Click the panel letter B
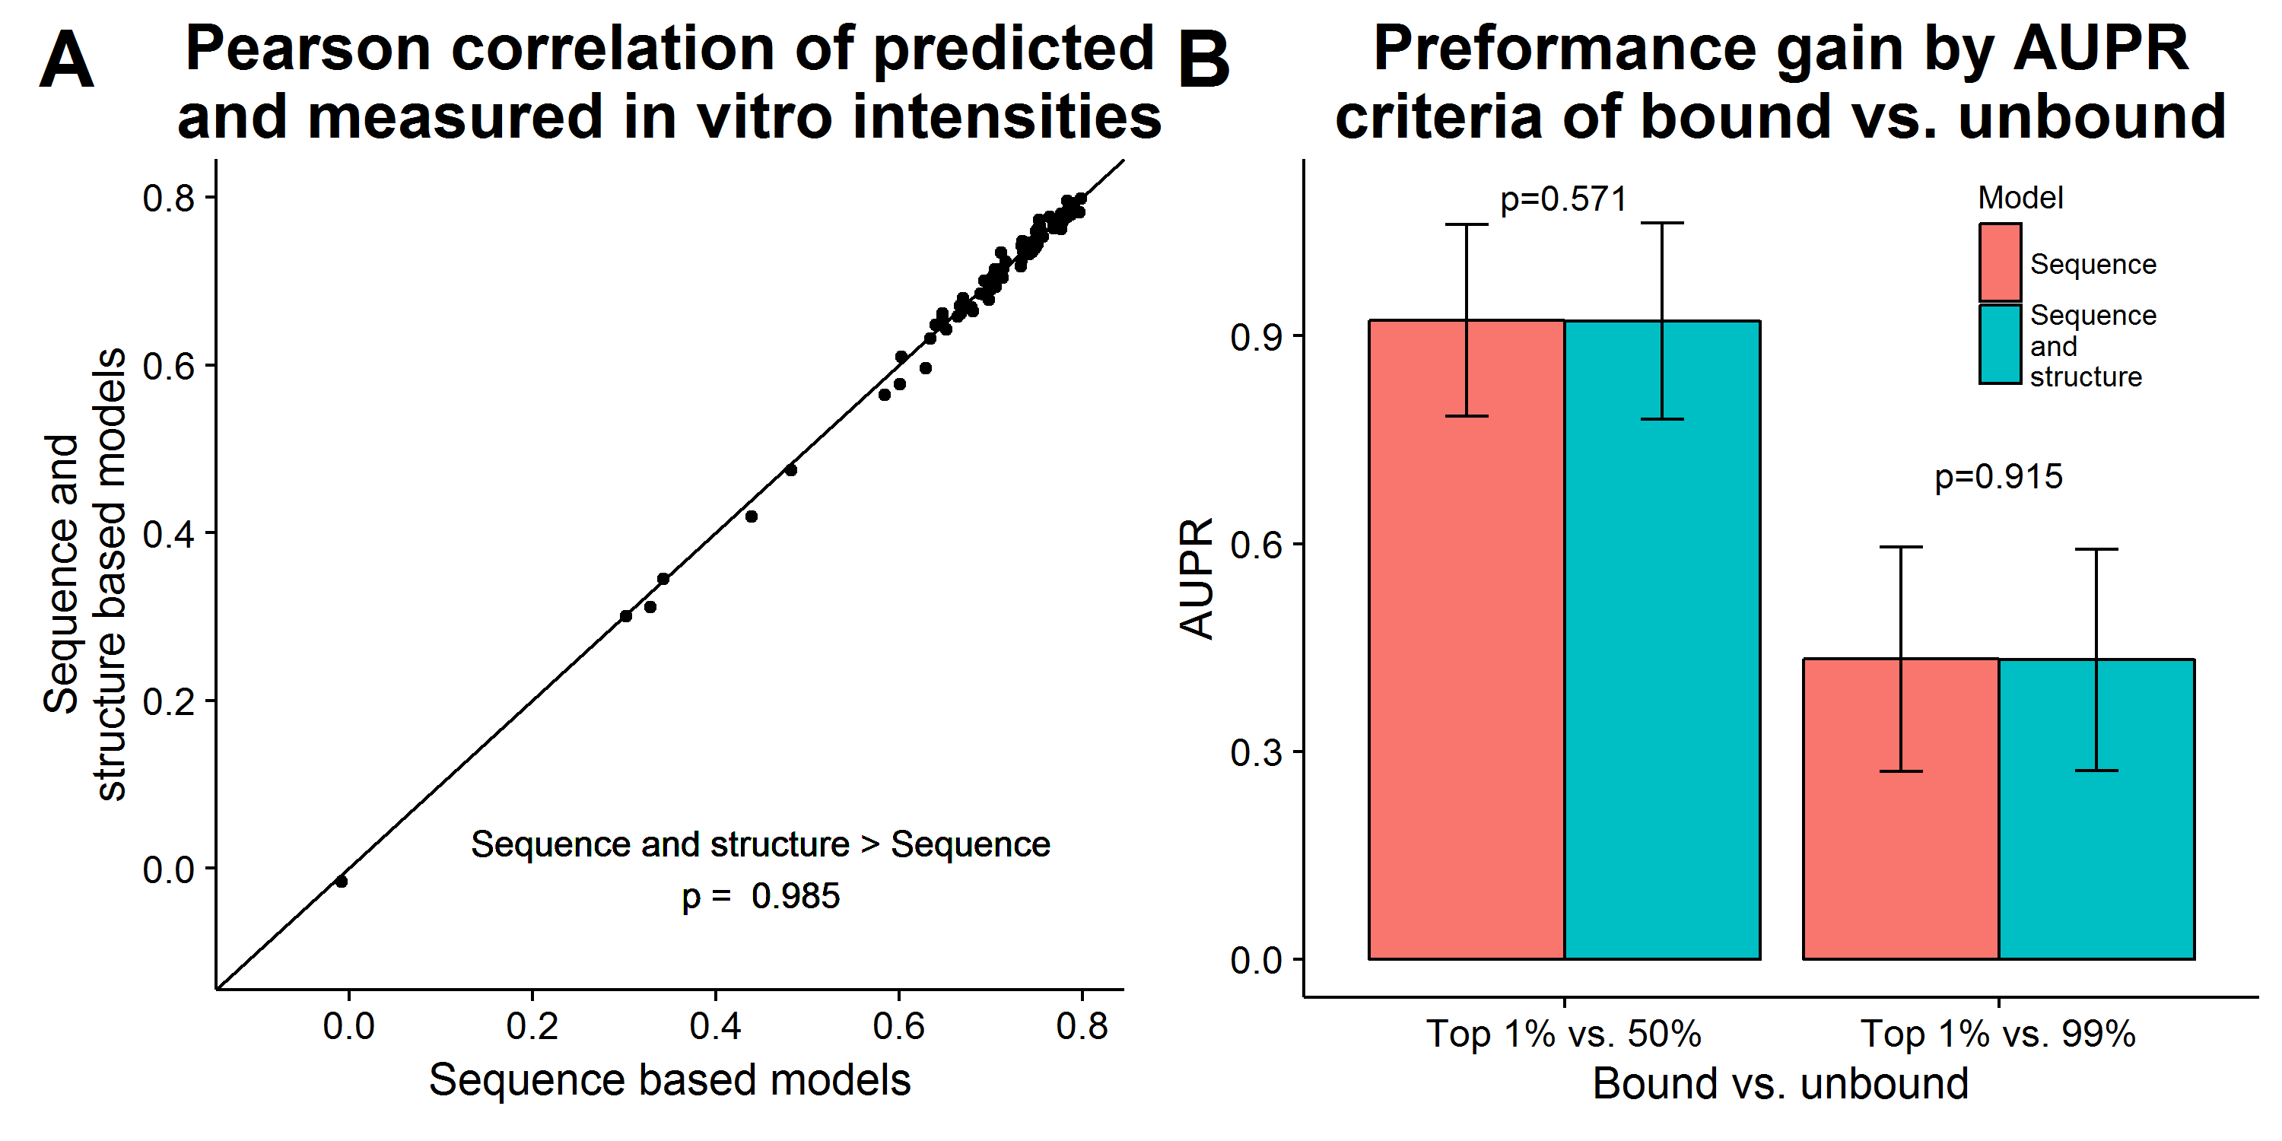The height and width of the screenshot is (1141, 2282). tap(1204, 59)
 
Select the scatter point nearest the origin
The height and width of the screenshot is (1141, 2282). tap(341, 882)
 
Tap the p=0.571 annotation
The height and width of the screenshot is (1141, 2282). tap(1564, 199)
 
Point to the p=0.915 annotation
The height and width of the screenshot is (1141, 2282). tap(1998, 477)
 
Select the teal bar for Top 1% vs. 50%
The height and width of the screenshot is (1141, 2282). tap(1662, 640)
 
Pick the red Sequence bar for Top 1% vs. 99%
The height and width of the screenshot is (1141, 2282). tap(1901, 809)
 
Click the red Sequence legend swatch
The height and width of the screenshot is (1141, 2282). tap(2001, 262)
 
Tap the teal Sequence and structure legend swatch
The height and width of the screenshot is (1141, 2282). tap(2001, 345)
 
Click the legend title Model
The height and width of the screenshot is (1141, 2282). tap(2020, 198)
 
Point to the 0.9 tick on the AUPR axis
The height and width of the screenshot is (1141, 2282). tap(1256, 337)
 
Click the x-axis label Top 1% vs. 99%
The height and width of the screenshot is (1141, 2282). tap(1998, 1034)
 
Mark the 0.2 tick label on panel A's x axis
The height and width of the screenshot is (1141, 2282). tap(532, 1026)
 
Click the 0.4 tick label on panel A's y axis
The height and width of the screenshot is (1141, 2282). tap(168, 533)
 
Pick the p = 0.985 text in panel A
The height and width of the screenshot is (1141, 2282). tap(760, 897)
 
